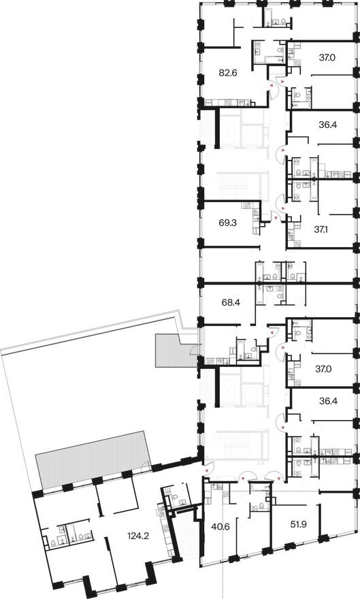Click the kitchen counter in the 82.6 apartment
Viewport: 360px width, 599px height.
(x=228, y=103)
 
